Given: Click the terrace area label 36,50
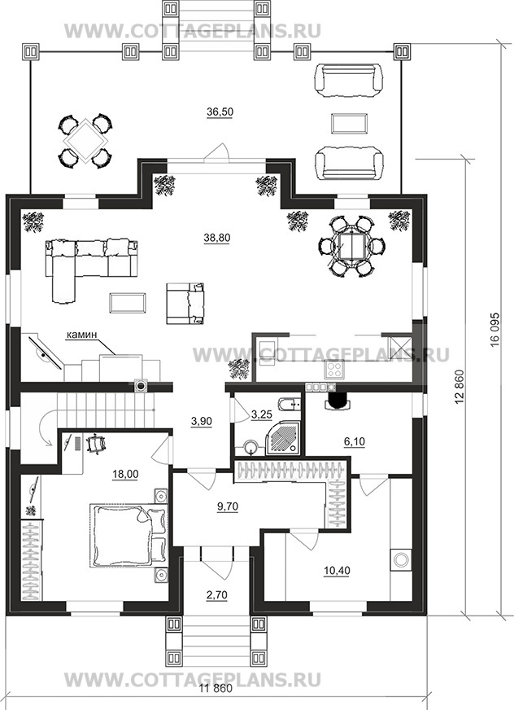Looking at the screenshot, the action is (x=220, y=112).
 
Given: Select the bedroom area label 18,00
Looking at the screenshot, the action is (x=126, y=474).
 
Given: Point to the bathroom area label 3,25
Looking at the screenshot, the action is (x=260, y=414).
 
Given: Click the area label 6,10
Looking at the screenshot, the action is (x=355, y=441).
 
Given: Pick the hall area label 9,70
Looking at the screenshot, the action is (x=228, y=506).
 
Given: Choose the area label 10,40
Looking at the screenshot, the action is (x=337, y=571).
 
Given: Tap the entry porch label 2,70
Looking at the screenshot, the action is (x=216, y=595).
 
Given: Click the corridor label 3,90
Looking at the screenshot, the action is (x=202, y=421).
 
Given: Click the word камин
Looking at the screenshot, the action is (x=81, y=335).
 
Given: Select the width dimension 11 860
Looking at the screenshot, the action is (x=216, y=702).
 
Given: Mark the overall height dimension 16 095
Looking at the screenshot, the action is (x=494, y=329).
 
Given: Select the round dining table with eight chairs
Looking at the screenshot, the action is (x=351, y=246).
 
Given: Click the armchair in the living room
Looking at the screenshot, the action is (x=185, y=303).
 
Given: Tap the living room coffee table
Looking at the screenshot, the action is (x=128, y=302).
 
